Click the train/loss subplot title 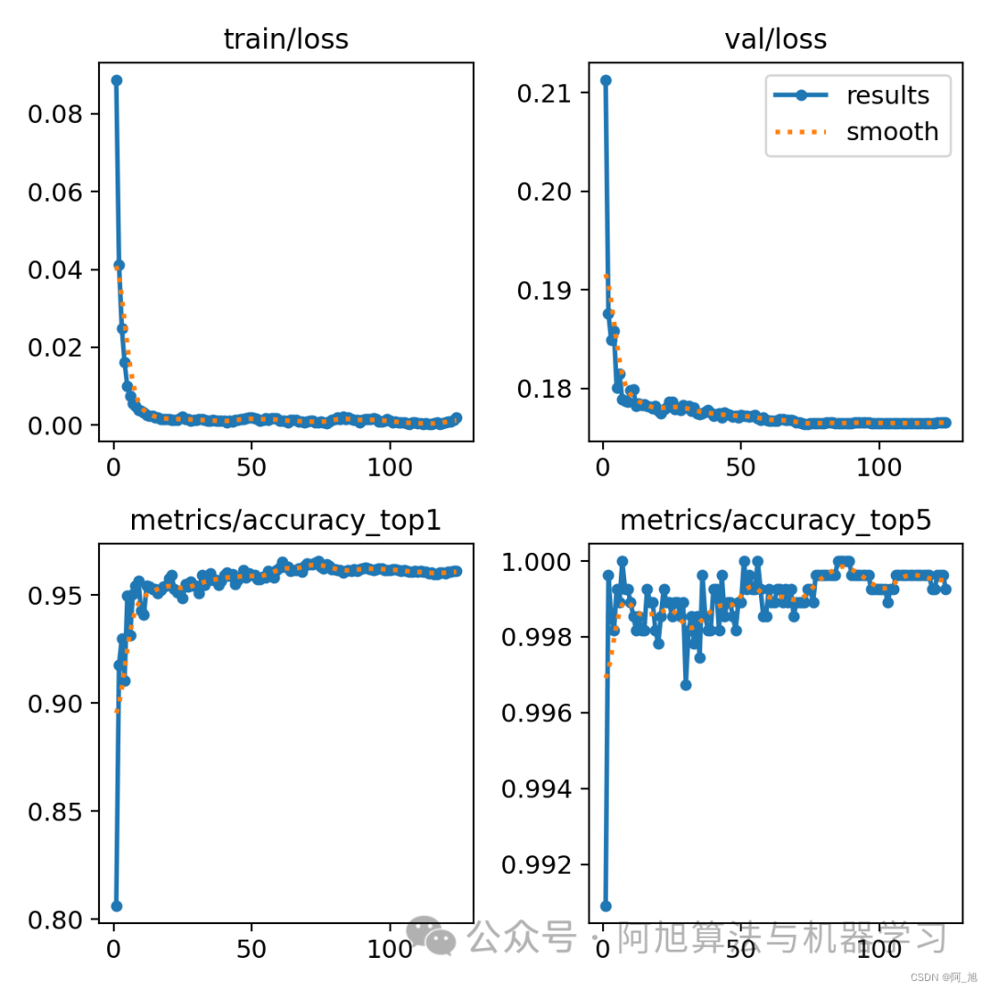286,39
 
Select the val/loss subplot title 775,39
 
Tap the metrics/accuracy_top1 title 286,521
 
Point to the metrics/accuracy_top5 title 775,521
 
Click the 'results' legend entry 887,95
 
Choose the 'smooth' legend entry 892,132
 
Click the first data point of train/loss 116,81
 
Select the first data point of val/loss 606,81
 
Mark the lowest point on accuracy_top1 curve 116,906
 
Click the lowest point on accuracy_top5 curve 606,906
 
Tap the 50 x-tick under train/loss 251,466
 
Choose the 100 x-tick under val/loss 878,466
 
